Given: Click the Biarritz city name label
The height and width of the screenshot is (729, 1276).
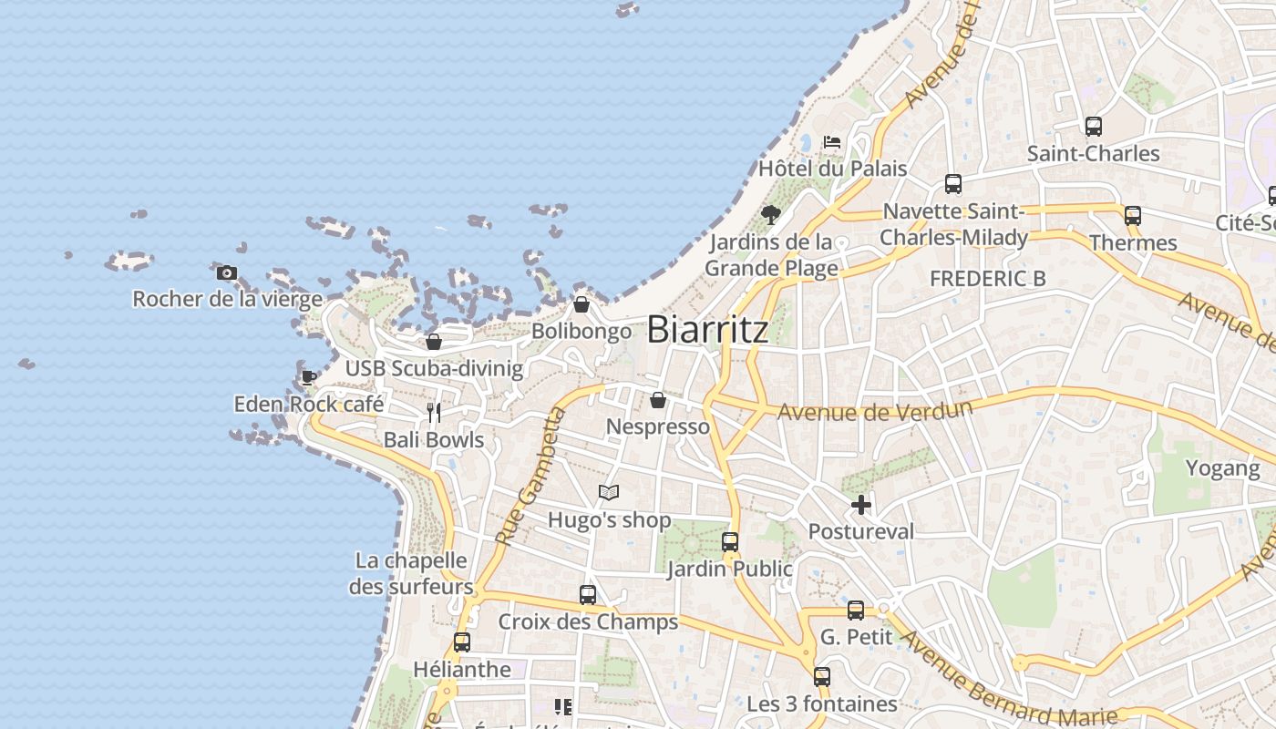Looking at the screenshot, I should pos(707,330).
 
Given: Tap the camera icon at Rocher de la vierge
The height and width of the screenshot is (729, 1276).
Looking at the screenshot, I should pos(227,272).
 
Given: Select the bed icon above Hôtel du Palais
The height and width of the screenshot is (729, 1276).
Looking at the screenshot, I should pos(832,142).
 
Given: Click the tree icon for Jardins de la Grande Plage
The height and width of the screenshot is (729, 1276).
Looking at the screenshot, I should pos(771,215).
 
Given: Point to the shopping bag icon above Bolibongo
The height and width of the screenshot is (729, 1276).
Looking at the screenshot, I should pos(581,304).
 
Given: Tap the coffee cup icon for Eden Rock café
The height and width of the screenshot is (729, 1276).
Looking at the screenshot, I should pos(309,376).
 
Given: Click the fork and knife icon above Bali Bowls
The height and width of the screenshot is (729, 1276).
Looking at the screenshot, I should pos(434,413).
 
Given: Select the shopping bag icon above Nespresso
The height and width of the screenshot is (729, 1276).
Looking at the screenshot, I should pos(657,400).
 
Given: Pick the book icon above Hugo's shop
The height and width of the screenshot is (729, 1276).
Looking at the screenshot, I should pos(609,493).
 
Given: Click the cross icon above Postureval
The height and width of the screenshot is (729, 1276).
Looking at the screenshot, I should pos(861,504).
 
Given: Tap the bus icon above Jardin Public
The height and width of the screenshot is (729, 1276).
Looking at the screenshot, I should pos(730,542).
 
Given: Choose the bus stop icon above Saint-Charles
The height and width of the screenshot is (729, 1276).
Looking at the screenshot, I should pos(1093,127).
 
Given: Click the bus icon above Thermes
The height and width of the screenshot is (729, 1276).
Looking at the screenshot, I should pos(1133,216).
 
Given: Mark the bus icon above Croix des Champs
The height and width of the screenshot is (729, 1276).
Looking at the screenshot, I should pos(588,595).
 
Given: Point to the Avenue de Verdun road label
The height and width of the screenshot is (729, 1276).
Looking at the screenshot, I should pos(874,411).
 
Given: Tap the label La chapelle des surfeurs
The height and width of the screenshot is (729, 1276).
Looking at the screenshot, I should pos(411,573).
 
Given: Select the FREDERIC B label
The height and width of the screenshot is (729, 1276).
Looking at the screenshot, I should pos(987,279).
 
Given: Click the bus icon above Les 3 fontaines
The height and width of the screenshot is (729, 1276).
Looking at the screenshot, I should pos(822,677).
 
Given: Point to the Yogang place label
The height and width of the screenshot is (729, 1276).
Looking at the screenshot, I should pos(1222,468).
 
